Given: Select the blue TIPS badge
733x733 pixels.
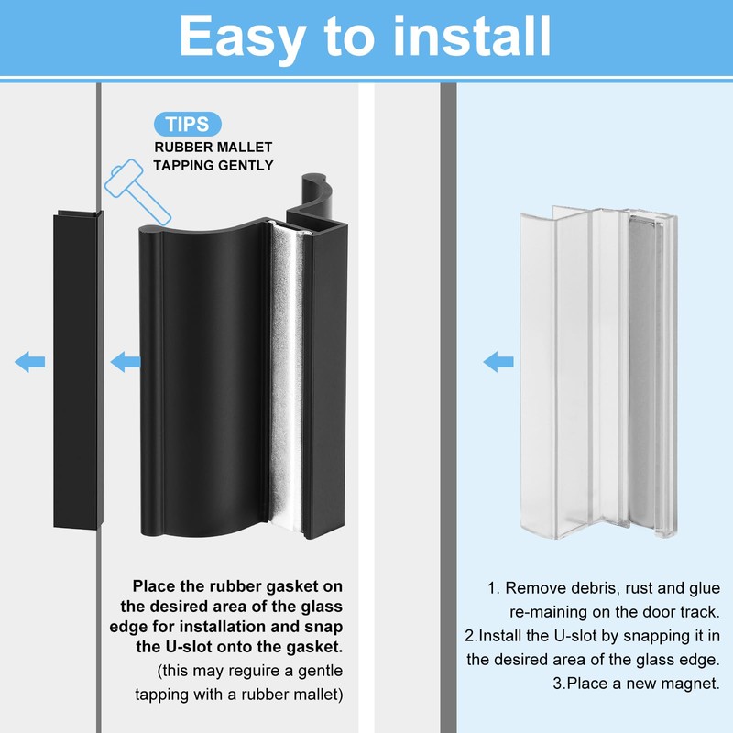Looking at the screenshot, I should tap(187, 125).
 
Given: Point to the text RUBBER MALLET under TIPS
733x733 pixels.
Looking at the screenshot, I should tap(213, 147).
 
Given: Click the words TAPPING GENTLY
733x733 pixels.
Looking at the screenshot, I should tap(213, 165).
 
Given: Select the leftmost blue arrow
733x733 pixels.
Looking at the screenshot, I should tap(29, 363).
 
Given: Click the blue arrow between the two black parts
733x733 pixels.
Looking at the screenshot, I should tap(125, 363).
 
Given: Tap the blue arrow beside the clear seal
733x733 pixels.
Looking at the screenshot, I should tap(498, 362).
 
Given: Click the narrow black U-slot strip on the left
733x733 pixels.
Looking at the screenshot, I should tap(79, 366).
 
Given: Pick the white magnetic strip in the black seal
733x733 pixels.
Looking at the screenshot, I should tap(293, 376).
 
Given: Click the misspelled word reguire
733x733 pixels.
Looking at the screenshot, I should tap(239, 671).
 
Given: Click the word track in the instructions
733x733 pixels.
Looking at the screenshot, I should tap(701, 611).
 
